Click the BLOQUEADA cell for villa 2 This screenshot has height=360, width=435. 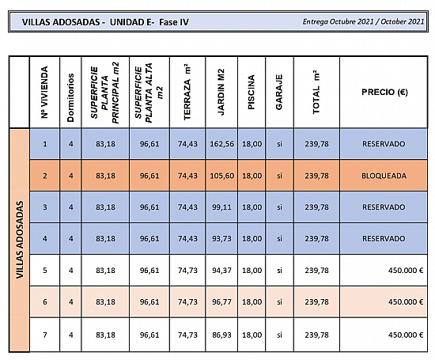[x=384, y=176]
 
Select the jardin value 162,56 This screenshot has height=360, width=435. [x=221, y=144]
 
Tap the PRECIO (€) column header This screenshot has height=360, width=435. [x=384, y=92]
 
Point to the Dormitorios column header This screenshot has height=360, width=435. [x=70, y=97]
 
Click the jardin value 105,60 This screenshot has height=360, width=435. [x=221, y=176]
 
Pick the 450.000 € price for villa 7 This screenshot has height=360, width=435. [x=406, y=335]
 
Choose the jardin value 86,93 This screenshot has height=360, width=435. [x=221, y=335]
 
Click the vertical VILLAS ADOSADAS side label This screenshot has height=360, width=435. [x=20, y=240]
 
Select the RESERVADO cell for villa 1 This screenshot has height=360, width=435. [x=384, y=144]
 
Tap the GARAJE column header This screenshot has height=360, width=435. [x=279, y=92]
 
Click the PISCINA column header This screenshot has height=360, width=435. [x=251, y=92]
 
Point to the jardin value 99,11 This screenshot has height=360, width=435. [x=221, y=207]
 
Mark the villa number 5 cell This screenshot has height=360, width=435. [x=45, y=271]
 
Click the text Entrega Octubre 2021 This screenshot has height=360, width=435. [x=338, y=21]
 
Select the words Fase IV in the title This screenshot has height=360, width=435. [x=174, y=22]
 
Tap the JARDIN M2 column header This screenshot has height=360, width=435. [x=221, y=92]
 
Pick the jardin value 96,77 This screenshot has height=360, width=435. [x=221, y=301]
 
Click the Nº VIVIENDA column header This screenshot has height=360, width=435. [x=44, y=92]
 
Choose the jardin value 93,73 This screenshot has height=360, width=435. [x=221, y=239]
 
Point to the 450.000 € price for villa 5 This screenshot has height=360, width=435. [x=406, y=271]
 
